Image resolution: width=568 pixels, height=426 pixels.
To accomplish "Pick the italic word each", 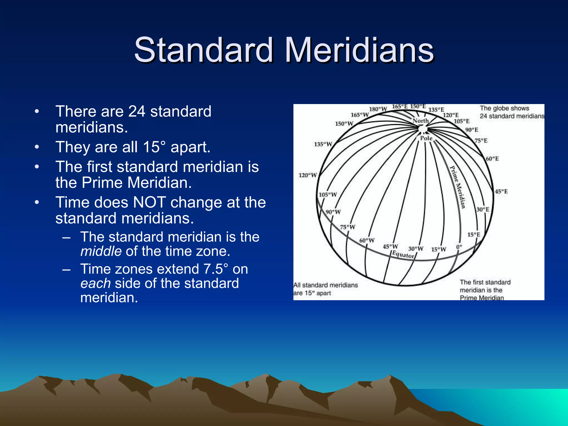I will pos(95,283).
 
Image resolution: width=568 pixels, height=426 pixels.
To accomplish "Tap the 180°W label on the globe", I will pos(378,109).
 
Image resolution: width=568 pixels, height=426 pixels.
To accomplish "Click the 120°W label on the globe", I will pos(308,175).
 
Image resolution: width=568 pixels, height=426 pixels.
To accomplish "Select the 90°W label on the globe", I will pos(333,212).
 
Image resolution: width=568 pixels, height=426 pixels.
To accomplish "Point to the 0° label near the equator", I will pos(459,247).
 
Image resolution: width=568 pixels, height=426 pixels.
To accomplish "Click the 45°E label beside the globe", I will pos(501,192).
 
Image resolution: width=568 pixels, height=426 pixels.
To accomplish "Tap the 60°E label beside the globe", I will pos(492,159).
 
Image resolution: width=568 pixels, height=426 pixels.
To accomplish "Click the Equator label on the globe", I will pos(403,255).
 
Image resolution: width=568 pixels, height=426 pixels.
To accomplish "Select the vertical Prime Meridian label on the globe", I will pos(457,187).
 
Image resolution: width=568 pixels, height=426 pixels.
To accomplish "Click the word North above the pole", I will pos(420,121).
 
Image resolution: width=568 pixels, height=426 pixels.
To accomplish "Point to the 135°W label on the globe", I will pos(323,144).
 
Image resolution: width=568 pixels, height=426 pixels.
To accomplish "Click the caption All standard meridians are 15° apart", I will pos(325,289).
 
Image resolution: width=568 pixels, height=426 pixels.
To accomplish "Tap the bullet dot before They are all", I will pos(37,147).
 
